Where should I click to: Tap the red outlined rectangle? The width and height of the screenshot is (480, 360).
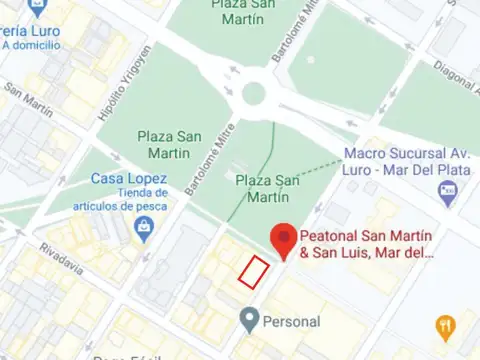pos(253,271)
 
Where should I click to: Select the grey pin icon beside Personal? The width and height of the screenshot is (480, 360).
pos(249,321)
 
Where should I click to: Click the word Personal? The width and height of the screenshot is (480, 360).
pos(291,322)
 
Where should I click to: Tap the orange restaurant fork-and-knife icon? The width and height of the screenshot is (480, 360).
pos(446,326)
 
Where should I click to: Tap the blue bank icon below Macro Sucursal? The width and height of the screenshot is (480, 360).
pos(453,188)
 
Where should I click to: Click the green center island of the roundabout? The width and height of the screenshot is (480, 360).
pos(253,94)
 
